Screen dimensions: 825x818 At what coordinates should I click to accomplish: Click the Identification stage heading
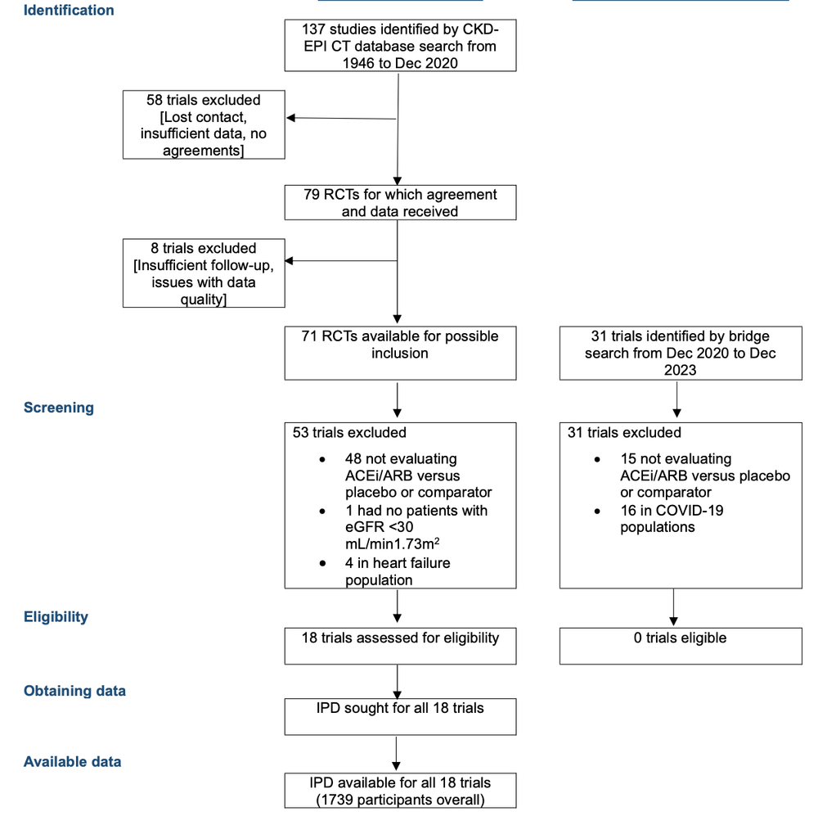pos(69,11)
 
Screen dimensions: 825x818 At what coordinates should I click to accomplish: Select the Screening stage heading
pos(59,408)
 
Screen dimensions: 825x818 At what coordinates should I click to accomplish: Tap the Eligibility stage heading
pos(56,617)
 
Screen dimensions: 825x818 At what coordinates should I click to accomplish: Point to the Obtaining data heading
pos(74,691)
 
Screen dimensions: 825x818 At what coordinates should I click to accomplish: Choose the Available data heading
pos(72,761)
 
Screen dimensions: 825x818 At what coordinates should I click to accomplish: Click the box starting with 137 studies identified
pos(400,46)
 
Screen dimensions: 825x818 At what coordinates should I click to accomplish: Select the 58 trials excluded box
pos(204,124)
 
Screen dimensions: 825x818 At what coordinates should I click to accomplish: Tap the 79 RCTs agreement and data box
pos(400,203)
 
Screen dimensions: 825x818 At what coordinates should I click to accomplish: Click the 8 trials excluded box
pos(204,273)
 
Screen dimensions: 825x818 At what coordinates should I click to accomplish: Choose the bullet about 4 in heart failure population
pos(398,571)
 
